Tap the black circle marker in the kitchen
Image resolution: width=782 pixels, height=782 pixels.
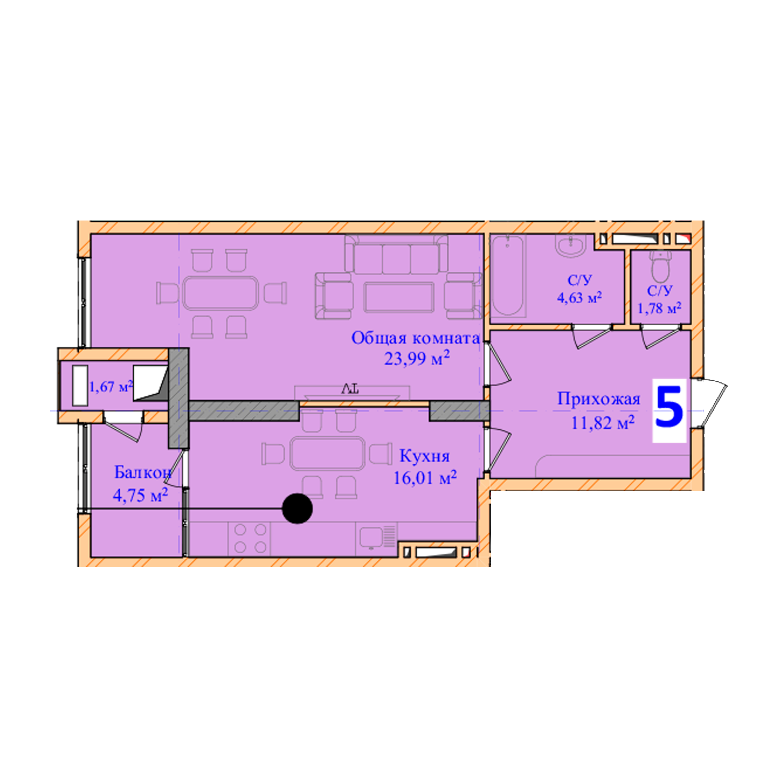click(x=298, y=508)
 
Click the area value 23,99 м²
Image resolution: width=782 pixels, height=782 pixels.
click(x=417, y=358)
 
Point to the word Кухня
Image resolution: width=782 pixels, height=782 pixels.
click(x=425, y=456)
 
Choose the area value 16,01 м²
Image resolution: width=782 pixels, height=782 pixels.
click(x=425, y=478)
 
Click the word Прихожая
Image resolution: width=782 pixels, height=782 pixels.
click(x=599, y=399)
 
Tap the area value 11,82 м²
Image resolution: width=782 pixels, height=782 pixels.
click(x=602, y=423)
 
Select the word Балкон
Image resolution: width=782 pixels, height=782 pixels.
click(x=142, y=472)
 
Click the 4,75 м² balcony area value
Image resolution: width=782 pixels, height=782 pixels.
click(x=140, y=495)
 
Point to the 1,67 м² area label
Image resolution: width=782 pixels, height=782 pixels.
click(x=111, y=387)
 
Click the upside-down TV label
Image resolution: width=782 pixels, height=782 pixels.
click(x=350, y=389)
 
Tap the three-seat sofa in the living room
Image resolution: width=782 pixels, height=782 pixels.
click(x=396, y=254)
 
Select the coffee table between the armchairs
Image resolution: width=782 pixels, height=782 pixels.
click(x=399, y=298)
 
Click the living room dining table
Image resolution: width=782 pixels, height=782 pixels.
click(x=221, y=293)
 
